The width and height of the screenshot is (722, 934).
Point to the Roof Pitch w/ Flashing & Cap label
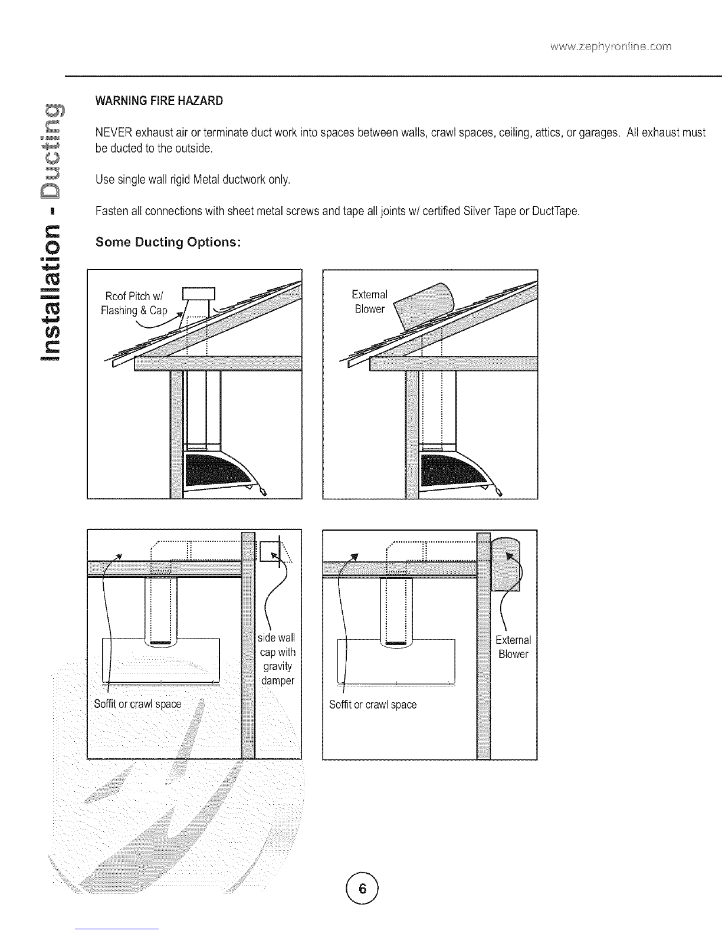coord(136,302)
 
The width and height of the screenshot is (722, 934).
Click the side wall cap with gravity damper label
coord(277,659)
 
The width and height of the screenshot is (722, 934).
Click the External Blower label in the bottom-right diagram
coord(513,647)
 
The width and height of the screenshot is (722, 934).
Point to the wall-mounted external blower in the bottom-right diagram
coord(507,564)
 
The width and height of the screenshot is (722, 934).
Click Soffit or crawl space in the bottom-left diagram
coord(137,704)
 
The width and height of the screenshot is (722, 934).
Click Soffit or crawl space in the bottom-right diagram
coord(373,704)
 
